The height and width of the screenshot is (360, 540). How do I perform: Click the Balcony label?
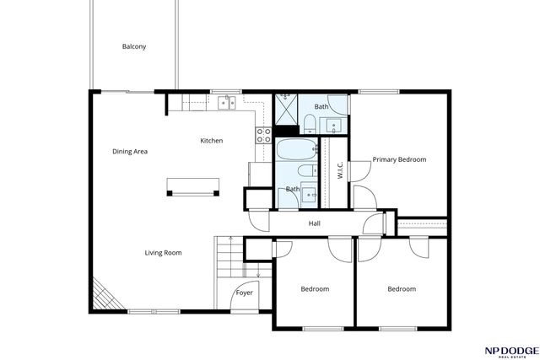pyautogui.click(x=133, y=46)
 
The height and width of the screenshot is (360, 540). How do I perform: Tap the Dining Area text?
pyautogui.click(x=130, y=152)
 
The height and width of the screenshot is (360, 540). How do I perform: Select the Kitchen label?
pyautogui.click(x=211, y=141)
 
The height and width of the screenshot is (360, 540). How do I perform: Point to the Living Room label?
pyautogui.click(x=163, y=252)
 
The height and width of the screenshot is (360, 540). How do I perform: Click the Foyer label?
pyautogui.click(x=244, y=293)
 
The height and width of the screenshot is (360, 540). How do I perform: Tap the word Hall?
pyautogui.click(x=314, y=223)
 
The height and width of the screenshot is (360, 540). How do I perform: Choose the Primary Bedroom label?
pyautogui.click(x=399, y=159)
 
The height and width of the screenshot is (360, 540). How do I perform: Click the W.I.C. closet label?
pyautogui.click(x=339, y=170)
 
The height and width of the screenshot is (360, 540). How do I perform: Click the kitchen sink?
pyautogui.click(x=225, y=103)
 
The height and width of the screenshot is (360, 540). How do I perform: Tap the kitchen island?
pyautogui.click(x=193, y=185)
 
